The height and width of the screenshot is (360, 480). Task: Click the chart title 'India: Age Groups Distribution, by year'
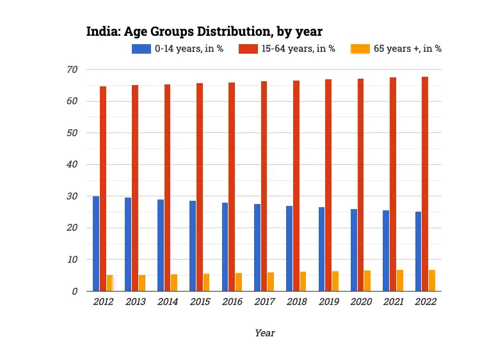(204, 31)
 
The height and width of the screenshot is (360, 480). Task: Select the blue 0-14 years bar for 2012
(96, 244)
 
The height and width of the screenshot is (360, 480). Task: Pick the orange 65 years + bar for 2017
(271, 282)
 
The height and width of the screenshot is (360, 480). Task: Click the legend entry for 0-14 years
(177, 49)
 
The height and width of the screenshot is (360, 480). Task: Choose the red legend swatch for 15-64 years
(248, 49)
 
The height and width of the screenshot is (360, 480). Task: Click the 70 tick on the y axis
(72, 69)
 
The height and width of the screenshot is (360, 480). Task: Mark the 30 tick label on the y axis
(72, 196)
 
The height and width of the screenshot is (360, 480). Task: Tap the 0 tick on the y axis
(75, 292)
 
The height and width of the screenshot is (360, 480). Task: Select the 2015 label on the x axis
(199, 302)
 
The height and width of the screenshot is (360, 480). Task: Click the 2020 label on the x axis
(360, 302)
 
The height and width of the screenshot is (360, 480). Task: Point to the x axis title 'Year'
(264, 333)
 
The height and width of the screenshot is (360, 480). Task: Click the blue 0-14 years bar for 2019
(321, 249)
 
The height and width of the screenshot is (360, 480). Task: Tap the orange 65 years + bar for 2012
(109, 283)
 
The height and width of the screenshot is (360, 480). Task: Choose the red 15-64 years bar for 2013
(135, 188)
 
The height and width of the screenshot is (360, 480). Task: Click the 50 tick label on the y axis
(72, 133)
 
